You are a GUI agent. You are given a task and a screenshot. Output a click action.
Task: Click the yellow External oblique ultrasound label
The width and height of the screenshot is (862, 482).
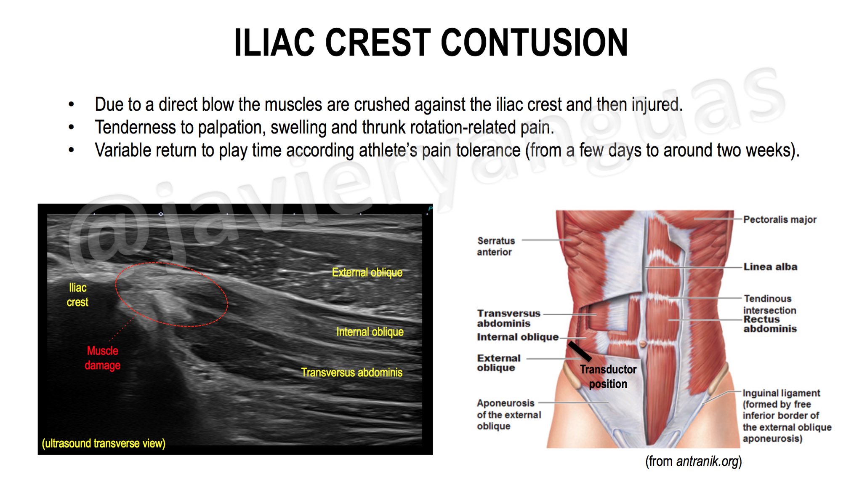click(367, 272)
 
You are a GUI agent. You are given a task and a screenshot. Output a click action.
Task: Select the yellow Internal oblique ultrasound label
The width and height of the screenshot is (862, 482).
click(370, 332)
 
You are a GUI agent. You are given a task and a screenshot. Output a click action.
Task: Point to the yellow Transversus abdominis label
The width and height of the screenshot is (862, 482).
click(351, 373)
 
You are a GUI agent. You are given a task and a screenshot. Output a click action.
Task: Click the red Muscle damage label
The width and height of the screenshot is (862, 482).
click(102, 358)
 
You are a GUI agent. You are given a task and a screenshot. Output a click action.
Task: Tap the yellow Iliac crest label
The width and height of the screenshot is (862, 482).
click(77, 295)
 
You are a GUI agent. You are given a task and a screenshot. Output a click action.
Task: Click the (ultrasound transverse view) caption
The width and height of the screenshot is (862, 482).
click(104, 443)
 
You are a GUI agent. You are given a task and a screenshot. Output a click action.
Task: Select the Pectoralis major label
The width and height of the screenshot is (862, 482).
click(780, 219)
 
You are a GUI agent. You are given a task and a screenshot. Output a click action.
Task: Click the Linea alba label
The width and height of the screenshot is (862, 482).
click(770, 266)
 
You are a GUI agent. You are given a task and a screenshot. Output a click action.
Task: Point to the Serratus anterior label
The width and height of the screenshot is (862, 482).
click(495, 246)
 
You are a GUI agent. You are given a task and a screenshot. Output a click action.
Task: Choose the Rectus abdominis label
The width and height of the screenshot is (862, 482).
click(769, 324)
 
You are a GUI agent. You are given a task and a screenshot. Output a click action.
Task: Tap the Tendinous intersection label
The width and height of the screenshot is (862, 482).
click(769, 304)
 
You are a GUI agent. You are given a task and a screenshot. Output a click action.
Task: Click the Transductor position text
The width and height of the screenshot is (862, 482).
click(608, 376)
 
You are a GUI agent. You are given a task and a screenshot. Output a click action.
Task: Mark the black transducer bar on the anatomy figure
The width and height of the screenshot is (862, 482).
click(580, 351)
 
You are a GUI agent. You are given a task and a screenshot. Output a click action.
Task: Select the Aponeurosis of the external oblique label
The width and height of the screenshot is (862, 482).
click(508, 415)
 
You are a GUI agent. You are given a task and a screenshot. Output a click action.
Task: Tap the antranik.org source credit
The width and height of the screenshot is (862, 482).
click(694, 461)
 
